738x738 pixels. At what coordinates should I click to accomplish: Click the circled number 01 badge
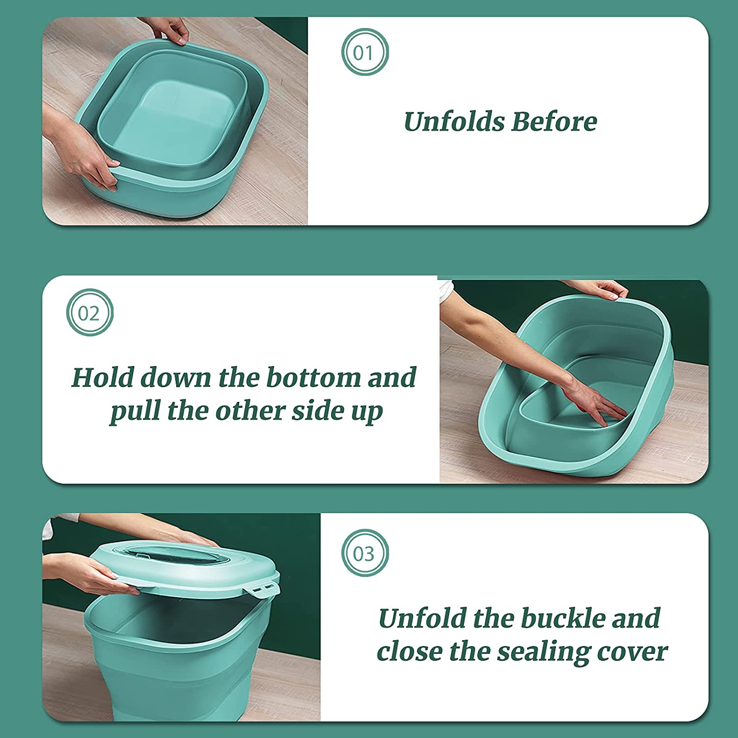click(x=365, y=52)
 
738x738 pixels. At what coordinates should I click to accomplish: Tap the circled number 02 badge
click(x=90, y=312)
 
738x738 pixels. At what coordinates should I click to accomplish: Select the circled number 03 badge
click(x=365, y=553)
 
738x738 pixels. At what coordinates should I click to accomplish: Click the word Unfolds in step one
click(x=454, y=122)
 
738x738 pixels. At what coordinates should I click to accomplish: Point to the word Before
click(x=554, y=122)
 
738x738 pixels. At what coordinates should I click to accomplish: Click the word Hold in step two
click(x=102, y=378)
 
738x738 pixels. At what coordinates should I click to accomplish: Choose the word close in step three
click(x=409, y=652)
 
